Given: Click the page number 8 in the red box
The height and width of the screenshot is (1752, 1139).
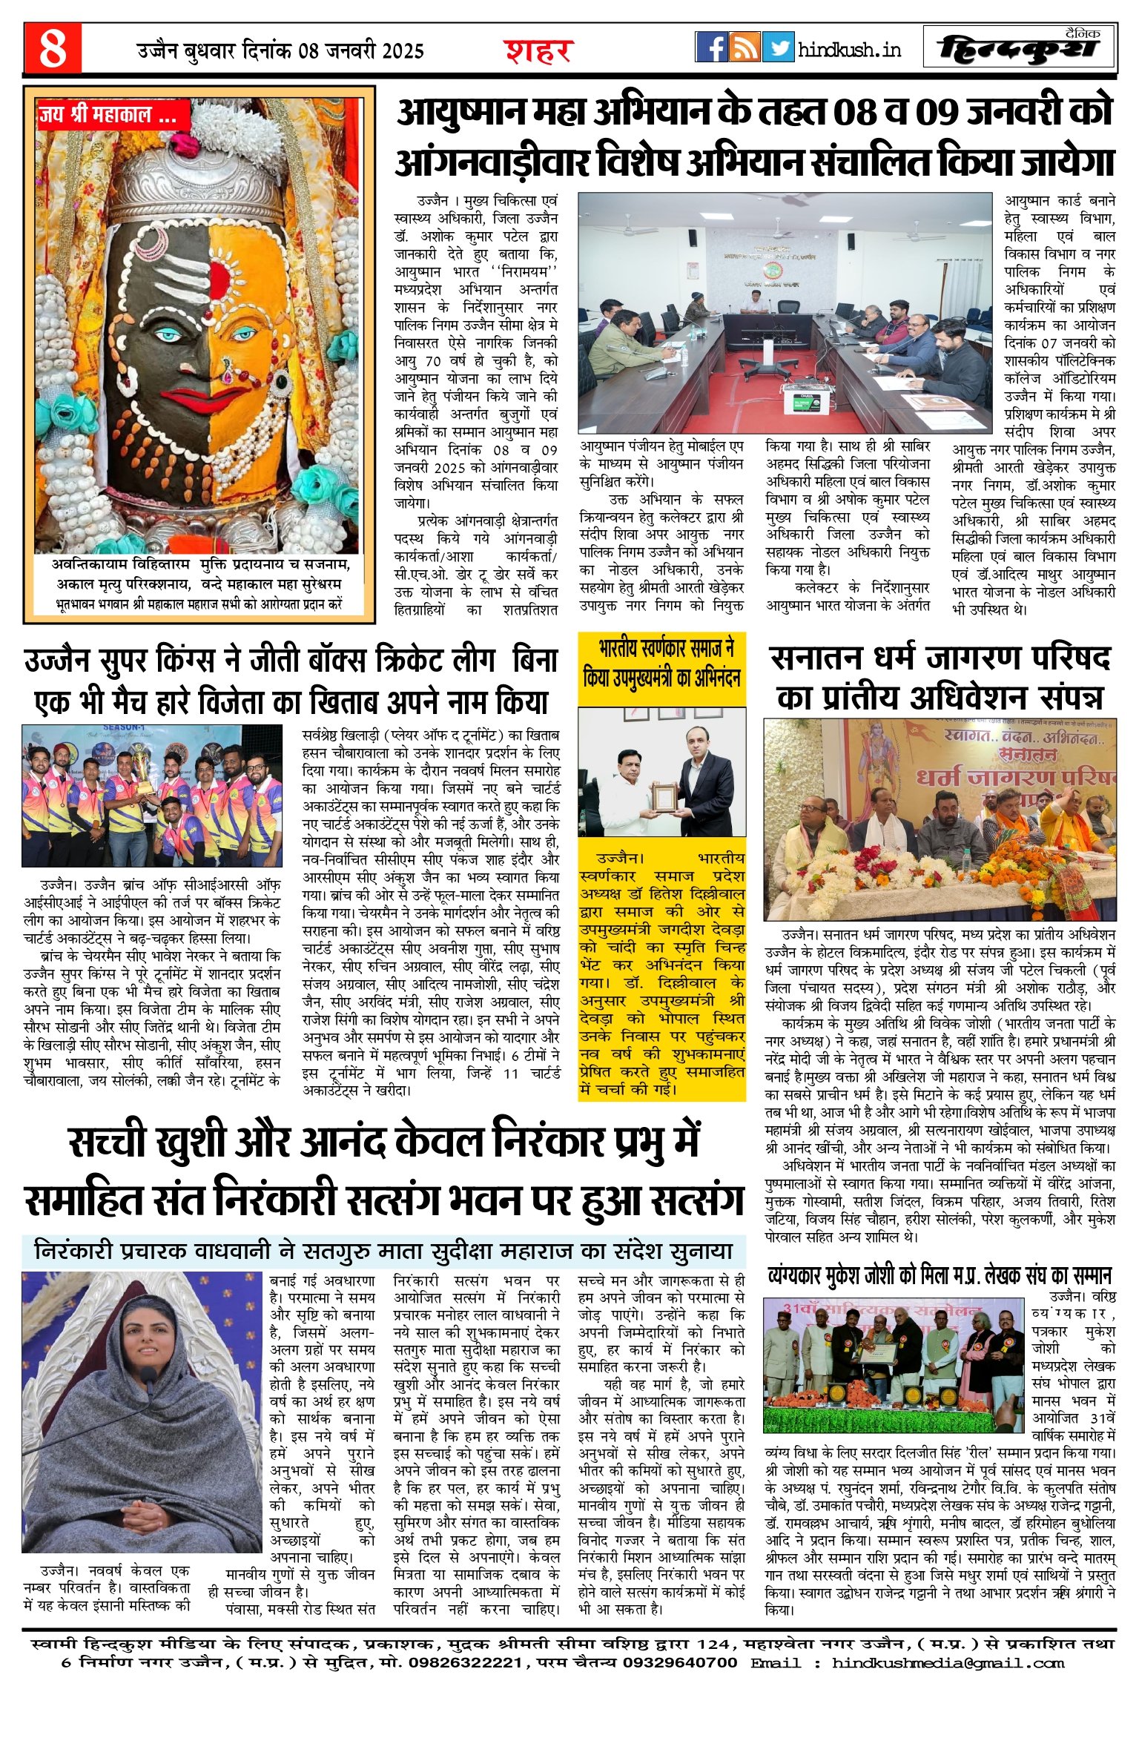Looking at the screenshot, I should click(x=52, y=48).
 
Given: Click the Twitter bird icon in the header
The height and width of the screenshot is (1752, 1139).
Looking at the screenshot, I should click(x=778, y=47).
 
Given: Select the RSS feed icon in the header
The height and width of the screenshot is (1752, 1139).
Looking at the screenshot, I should click(x=744, y=47).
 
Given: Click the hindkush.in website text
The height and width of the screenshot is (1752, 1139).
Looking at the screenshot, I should click(x=849, y=50).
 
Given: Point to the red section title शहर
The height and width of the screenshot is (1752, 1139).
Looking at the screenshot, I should click(x=538, y=50).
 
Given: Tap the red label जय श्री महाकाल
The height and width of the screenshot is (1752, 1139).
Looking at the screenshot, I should click(x=112, y=116).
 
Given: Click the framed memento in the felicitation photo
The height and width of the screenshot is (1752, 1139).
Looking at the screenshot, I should click(x=664, y=798).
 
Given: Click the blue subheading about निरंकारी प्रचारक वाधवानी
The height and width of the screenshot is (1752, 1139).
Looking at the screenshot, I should click(x=383, y=1251).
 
